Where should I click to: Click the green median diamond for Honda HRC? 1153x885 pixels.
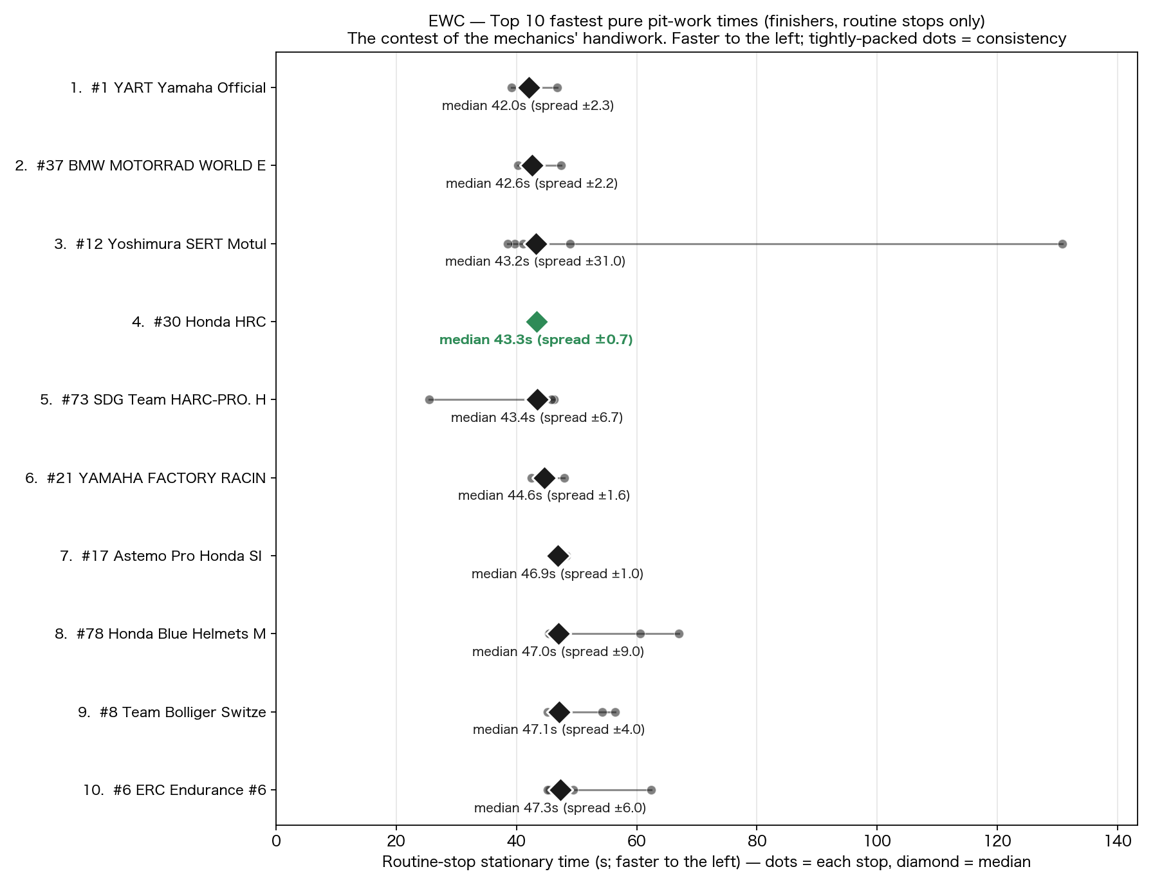(537, 322)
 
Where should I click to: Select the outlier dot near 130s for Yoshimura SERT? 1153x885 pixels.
(1062, 244)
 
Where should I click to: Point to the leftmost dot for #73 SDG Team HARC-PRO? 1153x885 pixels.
(429, 399)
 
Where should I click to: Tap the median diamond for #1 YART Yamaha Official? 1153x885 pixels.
(529, 87)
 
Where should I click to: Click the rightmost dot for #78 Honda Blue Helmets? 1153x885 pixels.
(679, 634)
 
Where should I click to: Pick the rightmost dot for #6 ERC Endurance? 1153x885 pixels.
(651, 790)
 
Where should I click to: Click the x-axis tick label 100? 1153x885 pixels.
(877, 841)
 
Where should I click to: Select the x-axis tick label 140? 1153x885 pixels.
(1118, 841)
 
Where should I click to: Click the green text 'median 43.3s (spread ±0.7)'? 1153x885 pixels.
(536, 340)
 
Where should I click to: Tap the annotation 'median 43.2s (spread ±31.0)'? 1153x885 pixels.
(535, 261)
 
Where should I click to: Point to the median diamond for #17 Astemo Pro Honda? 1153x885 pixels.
(558, 556)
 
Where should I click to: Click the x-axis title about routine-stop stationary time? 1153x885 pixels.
(706, 862)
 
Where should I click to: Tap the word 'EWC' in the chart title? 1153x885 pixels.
(447, 21)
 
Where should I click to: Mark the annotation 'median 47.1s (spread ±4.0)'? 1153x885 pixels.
(558, 729)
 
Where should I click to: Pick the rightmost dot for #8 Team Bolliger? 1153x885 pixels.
(615, 712)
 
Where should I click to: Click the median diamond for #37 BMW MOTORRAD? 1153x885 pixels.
(532, 166)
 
